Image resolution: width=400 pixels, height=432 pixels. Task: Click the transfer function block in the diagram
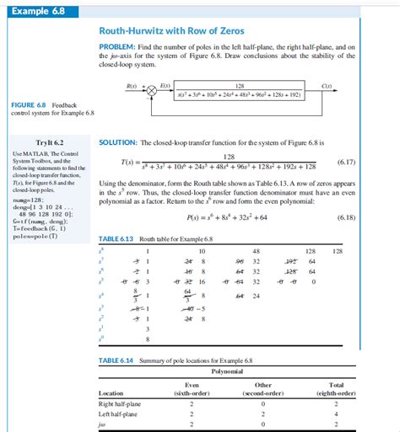pos(240,91)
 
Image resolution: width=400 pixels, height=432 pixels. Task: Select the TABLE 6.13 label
pos(116,238)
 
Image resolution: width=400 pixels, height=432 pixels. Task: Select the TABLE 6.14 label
pos(116,360)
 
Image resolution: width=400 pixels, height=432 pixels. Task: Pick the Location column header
pos(111,392)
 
